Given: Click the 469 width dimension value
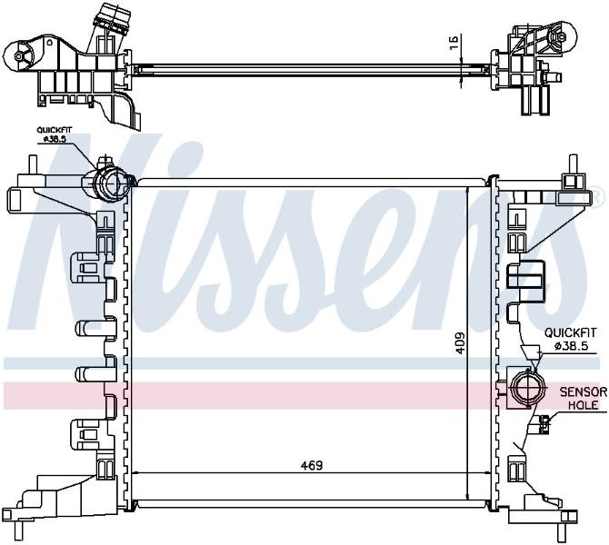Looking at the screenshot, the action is point(312,465).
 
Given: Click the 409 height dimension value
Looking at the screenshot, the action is point(459,342).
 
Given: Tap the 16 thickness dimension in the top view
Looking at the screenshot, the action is point(454,42).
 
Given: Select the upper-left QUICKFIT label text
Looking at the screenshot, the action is point(55,130).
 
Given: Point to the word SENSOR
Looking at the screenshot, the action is point(583,392).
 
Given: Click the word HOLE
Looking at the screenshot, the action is point(583,405).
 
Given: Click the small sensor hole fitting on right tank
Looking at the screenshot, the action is point(543,424).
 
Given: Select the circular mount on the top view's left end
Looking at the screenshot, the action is point(18,56).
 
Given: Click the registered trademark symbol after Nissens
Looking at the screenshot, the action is point(590,193).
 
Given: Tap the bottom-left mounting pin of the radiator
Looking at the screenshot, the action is point(19,530).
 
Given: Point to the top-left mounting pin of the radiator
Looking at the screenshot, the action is point(33,165).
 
